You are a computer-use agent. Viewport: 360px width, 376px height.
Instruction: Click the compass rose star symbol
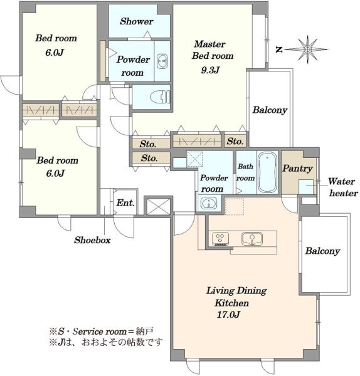(x=307, y=50)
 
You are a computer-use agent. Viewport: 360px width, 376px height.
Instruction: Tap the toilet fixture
(x=160, y=97)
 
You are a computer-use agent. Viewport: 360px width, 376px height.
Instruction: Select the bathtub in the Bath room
(x=267, y=173)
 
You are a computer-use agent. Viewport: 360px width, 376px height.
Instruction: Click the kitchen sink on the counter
(x=251, y=239)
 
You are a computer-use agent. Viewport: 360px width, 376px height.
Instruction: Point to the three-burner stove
(x=220, y=239)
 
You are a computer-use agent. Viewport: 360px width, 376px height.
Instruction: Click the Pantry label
(x=297, y=169)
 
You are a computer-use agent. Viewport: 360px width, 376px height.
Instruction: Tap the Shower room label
(x=136, y=21)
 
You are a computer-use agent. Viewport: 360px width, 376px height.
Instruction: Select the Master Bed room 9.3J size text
(x=210, y=70)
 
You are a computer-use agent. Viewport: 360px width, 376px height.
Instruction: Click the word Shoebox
(x=92, y=240)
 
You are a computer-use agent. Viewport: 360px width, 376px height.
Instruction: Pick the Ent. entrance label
(x=125, y=203)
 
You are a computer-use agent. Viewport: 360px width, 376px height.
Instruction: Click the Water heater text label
(x=343, y=187)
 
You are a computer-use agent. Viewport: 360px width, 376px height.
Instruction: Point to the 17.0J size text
(x=228, y=315)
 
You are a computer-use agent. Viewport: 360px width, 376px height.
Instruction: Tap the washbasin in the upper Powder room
(x=162, y=61)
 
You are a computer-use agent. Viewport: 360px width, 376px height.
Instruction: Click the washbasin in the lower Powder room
(x=209, y=204)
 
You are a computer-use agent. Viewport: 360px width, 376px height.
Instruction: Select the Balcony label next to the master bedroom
(x=270, y=110)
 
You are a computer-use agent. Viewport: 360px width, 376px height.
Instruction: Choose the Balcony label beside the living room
(x=322, y=251)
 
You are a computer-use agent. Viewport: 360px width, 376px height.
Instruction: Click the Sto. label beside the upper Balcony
(x=235, y=141)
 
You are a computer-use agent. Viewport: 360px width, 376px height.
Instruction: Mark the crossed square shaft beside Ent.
(x=158, y=206)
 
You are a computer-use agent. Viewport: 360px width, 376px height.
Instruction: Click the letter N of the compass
(x=278, y=50)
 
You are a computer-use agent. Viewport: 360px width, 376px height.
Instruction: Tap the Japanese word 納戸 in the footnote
(x=146, y=332)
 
